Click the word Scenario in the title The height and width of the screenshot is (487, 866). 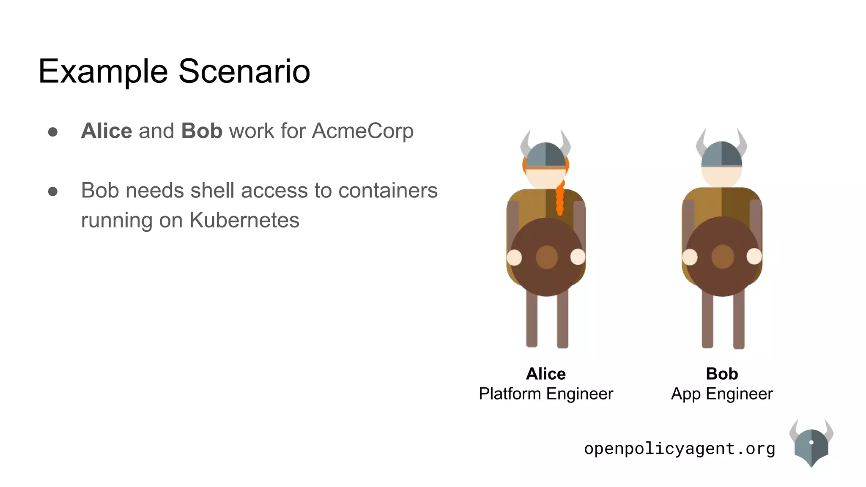[x=244, y=71]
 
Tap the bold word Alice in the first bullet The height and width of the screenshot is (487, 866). [x=107, y=131]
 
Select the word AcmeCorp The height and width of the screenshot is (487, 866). [x=362, y=131]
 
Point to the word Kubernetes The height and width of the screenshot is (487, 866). [x=244, y=220]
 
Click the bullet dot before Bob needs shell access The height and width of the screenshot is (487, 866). [x=53, y=192]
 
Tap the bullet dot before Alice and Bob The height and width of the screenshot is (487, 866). [x=53, y=132]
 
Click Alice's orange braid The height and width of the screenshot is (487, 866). [x=560, y=199]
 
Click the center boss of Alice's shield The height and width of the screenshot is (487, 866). [x=546, y=257]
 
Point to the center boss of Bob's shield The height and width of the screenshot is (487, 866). [x=722, y=256]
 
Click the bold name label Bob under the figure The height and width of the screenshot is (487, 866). [x=722, y=374]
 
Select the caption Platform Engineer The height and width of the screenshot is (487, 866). [x=545, y=394]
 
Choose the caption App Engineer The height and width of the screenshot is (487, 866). [x=722, y=394]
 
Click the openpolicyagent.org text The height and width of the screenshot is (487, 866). [x=679, y=449]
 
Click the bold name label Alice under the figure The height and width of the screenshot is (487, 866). [x=545, y=374]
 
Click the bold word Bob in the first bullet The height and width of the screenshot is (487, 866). [x=202, y=131]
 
